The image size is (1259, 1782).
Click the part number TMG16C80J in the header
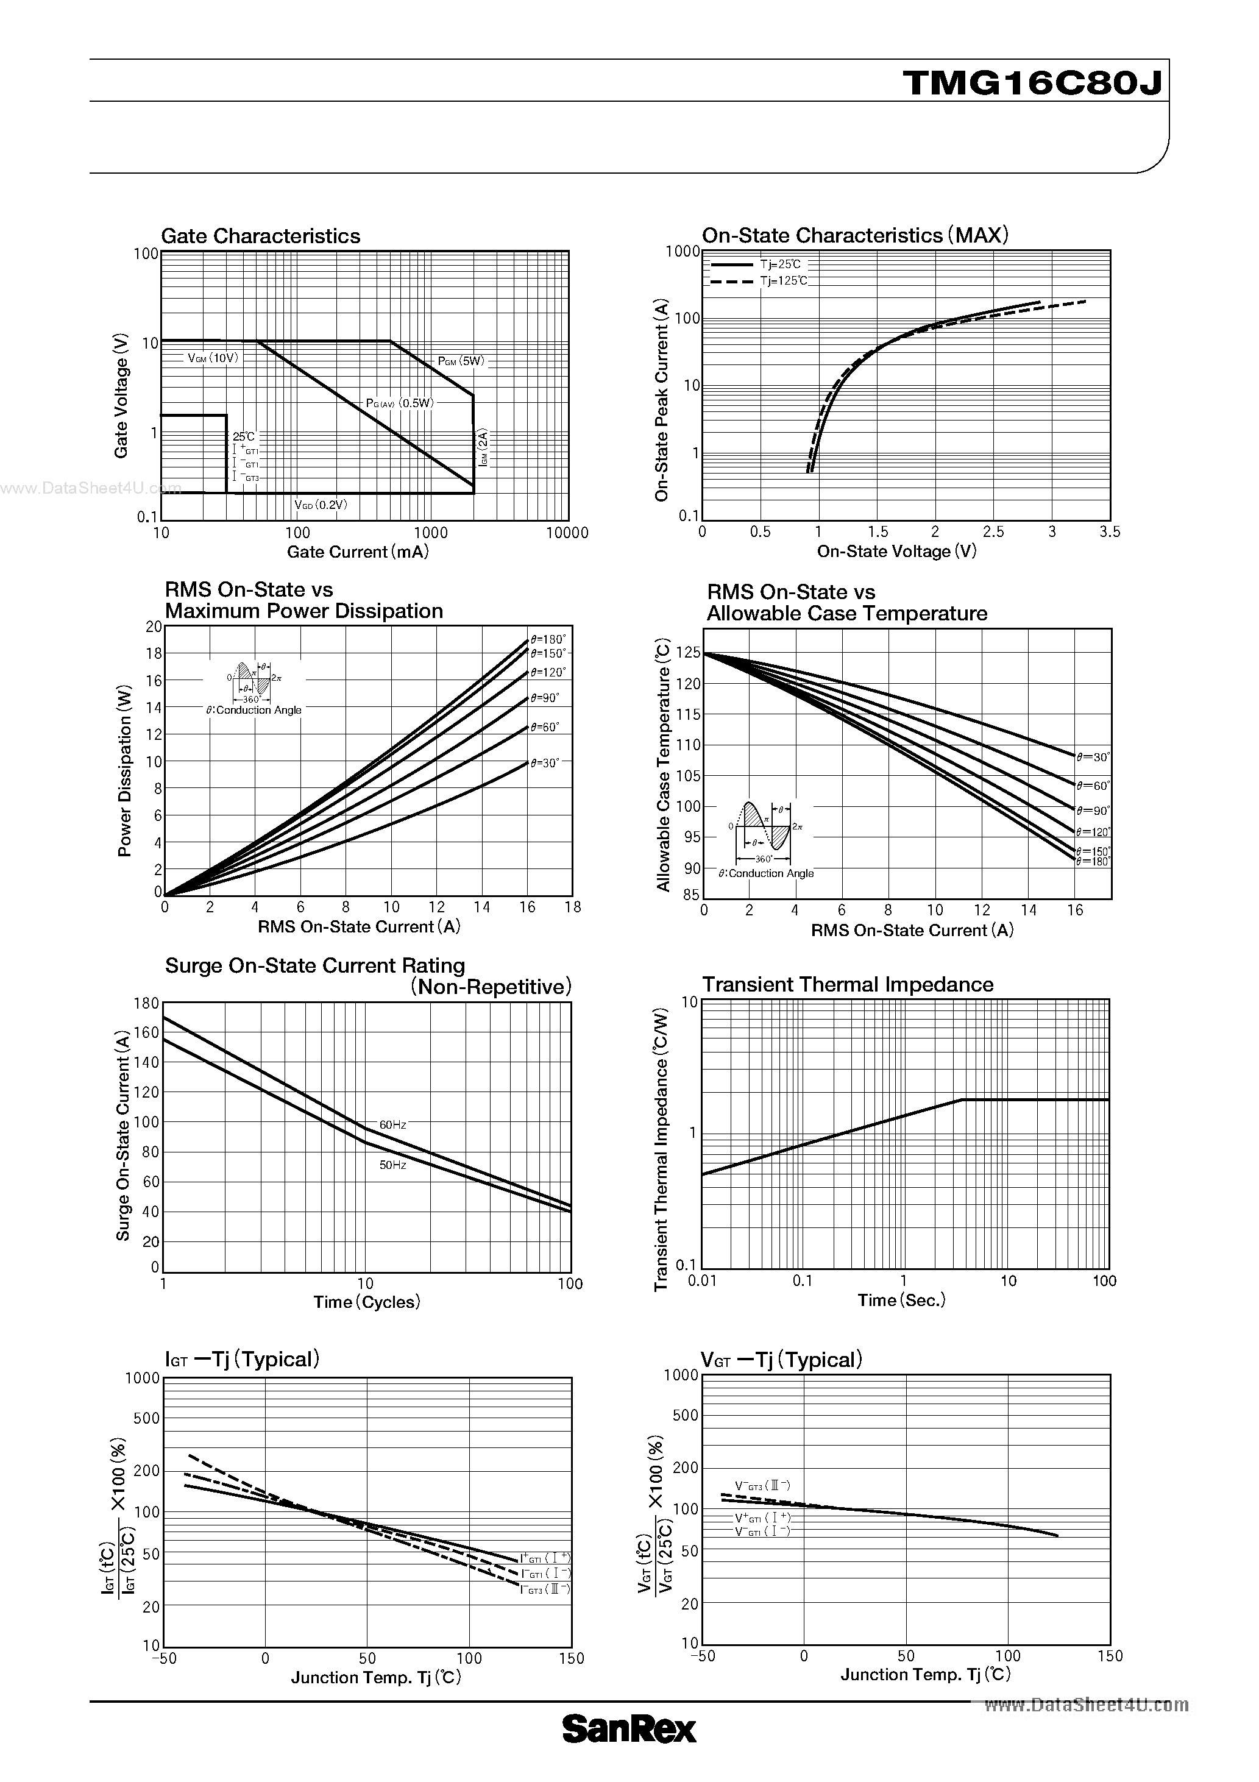[1033, 82]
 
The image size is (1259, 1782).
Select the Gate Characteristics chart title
[260, 236]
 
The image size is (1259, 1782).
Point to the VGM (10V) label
[213, 358]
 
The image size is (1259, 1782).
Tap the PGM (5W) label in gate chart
[460, 361]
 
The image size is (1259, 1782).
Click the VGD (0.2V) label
[321, 505]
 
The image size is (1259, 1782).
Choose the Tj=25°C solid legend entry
[780, 264]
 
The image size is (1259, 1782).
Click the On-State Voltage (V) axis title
[896, 552]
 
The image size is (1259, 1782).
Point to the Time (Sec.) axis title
[901, 1300]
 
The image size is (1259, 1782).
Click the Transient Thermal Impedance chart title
[848, 984]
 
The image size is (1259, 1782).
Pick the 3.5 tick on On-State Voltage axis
[1109, 531]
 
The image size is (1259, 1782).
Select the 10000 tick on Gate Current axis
[567, 533]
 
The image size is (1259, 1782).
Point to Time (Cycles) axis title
[366, 1302]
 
